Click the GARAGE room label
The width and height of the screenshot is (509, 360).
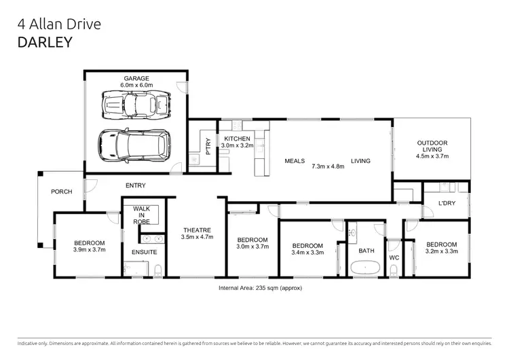tap(136, 78)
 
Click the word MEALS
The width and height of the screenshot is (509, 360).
tap(294, 161)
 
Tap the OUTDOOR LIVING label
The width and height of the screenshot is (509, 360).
tap(432, 146)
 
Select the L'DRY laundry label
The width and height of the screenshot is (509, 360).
tap(446, 203)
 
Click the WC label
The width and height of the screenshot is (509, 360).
tap(394, 258)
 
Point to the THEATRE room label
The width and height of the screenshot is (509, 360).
tap(197, 230)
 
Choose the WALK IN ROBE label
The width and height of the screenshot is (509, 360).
tap(141, 215)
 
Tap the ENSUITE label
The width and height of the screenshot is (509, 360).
tap(144, 252)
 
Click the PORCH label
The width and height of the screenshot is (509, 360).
tap(62, 192)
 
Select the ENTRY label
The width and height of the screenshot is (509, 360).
tap(136, 185)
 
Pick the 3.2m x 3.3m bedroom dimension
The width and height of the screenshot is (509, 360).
tap(440, 251)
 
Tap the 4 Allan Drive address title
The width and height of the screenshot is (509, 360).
tap(59, 24)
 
